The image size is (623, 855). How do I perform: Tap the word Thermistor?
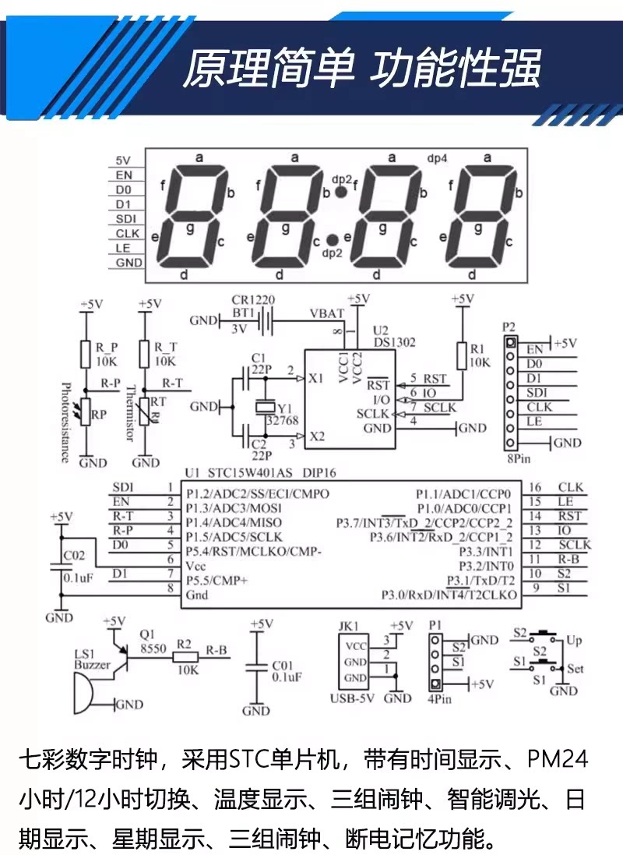[x=131, y=414]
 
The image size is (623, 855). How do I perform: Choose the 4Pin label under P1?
[x=439, y=698]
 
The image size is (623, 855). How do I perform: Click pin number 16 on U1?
[x=535, y=487]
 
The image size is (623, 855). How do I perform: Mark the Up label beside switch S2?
[x=574, y=641]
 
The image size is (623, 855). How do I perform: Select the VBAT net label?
[x=326, y=313]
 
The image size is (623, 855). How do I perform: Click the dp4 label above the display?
[x=437, y=157]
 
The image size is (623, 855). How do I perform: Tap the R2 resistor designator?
[x=184, y=645]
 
